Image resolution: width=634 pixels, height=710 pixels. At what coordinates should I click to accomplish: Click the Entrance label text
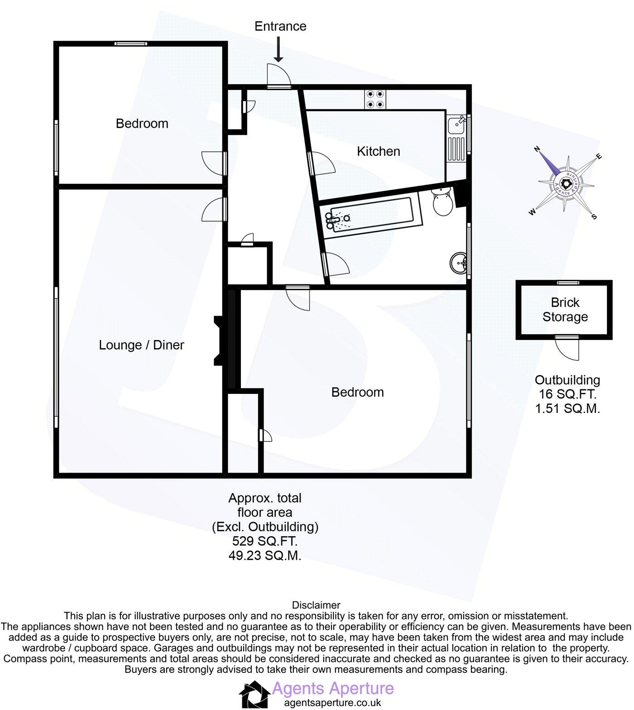tap(280, 26)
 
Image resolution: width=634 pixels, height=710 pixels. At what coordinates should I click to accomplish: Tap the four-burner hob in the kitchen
tap(375, 99)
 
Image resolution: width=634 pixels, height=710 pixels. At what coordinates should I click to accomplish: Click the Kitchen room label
tap(378, 151)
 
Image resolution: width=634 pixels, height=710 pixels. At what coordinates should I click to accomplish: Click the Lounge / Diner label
tap(141, 345)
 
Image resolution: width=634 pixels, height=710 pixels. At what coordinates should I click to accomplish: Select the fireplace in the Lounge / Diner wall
tap(220, 340)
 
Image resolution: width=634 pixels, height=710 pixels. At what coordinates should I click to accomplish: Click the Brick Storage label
tap(565, 310)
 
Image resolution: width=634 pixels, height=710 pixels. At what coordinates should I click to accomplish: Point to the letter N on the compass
tap(538, 149)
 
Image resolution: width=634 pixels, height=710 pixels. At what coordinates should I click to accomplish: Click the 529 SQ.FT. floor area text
tap(264, 541)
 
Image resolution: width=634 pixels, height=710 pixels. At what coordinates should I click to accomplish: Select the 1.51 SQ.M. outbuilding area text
tap(567, 409)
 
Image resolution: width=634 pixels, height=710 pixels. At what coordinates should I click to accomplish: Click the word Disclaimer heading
tap(316, 605)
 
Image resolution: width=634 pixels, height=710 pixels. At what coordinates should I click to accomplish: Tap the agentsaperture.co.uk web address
tap(332, 703)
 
